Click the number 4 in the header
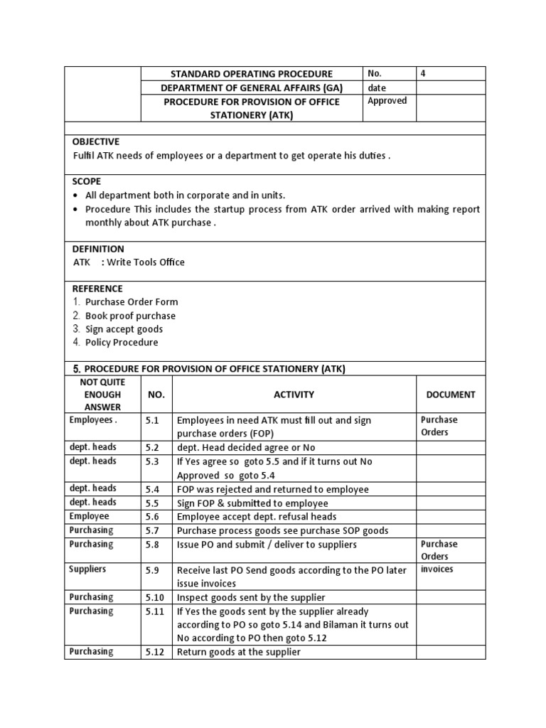click(424, 73)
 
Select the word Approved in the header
click(387, 101)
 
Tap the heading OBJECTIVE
click(96, 141)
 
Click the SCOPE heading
click(87, 181)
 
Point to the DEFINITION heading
click(98, 249)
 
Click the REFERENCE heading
click(97, 289)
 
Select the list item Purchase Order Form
click(132, 302)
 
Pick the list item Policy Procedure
click(122, 342)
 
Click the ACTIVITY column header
click(294, 395)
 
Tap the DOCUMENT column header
click(451, 395)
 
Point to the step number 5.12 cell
click(155, 652)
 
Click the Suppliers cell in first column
click(87, 569)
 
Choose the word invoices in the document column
click(437, 569)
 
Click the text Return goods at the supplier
click(238, 652)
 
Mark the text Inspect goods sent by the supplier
click(250, 598)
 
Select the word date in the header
click(377, 87)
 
